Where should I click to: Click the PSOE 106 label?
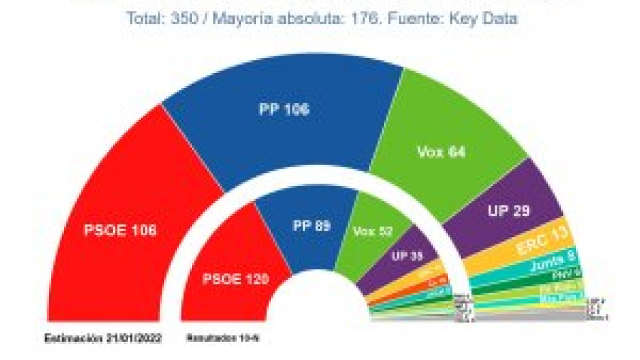coord(120,230)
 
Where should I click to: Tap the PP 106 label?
coord(284,109)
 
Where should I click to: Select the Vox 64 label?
coord(442,153)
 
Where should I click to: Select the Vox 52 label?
coord(373,231)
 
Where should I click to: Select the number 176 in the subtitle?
coord(360,19)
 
